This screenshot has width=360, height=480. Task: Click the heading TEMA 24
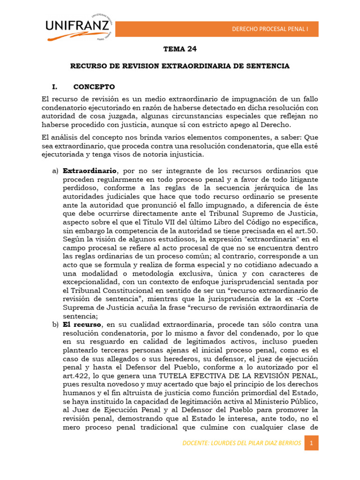click(180, 49)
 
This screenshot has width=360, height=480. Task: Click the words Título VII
click(172, 222)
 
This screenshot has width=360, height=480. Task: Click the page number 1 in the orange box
click(311, 443)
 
